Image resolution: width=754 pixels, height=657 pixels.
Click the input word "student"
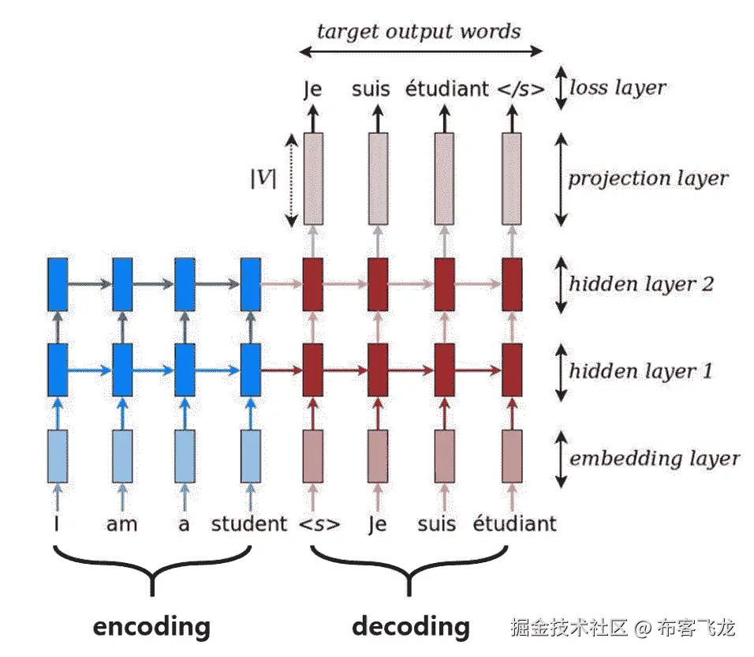click(x=249, y=524)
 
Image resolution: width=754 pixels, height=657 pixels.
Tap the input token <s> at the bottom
click(x=319, y=524)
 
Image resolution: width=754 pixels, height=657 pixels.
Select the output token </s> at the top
click(x=521, y=89)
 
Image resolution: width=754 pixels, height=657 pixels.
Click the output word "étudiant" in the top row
click(x=446, y=88)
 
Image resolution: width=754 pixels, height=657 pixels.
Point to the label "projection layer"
click(x=648, y=178)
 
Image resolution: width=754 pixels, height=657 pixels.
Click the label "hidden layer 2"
click(x=641, y=284)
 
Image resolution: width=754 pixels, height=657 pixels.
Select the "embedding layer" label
click(x=654, y=458)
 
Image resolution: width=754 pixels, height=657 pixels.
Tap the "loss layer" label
click(x=618, y=88)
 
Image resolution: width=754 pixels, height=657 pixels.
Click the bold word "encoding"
click(x=151, y=627)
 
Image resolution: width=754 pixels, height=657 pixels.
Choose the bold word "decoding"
click(x=411, y=627)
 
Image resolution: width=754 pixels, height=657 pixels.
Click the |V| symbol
click(x=263, y=178)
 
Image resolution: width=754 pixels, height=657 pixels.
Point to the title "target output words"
click(x=418, y=32)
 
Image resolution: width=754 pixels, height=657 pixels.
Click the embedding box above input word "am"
click(x=122, y=456)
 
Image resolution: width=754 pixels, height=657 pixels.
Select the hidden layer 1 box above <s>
click(x=312, y=370)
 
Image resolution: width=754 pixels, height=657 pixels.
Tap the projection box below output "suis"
click(x=378, y=179)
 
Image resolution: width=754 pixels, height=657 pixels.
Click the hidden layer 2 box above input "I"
click(x=58, y=284)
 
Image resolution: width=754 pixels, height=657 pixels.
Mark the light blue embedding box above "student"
click(x=251, y=456)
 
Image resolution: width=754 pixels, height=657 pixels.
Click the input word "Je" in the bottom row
click(x=378, y=524)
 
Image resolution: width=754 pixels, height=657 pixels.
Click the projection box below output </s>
click(x=511, y=179)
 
